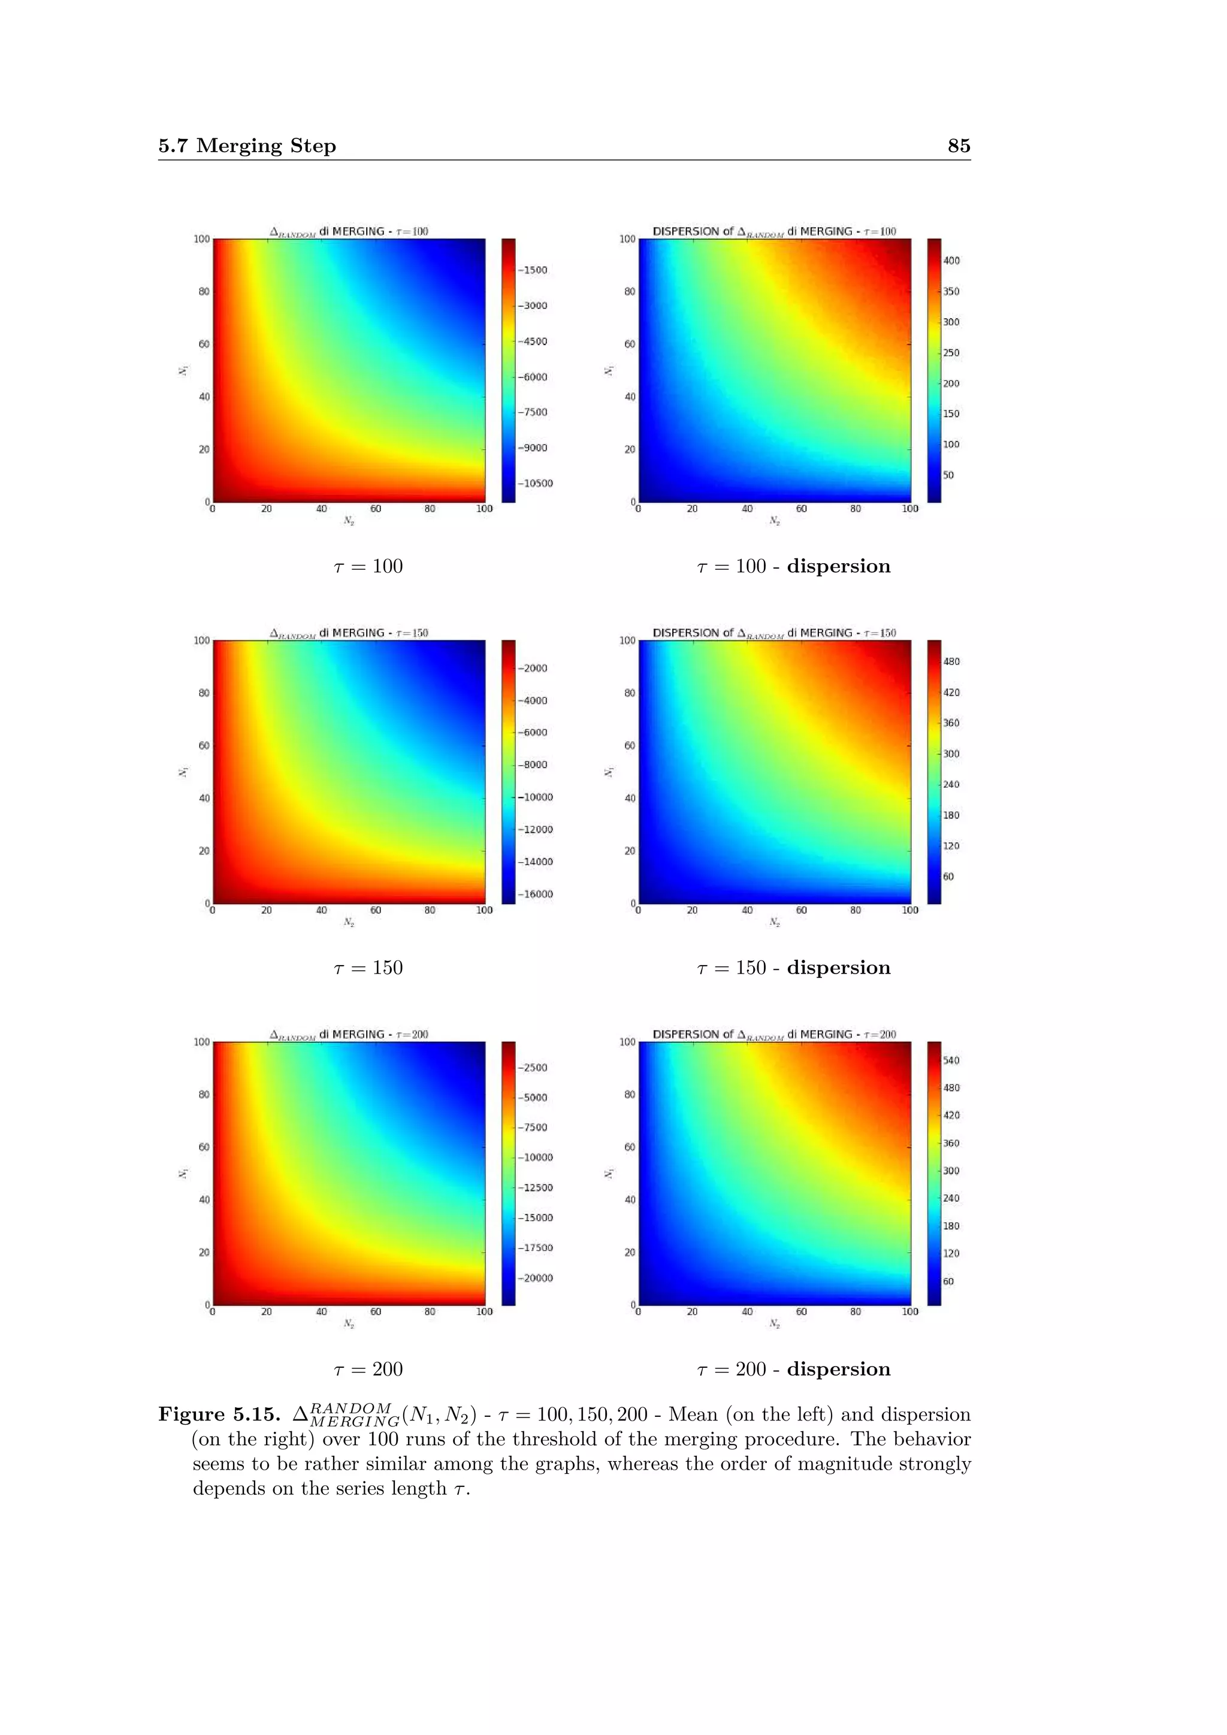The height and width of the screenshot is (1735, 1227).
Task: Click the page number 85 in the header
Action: (x=958, y=146)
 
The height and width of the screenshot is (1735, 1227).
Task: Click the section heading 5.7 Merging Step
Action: (x=247, y=146)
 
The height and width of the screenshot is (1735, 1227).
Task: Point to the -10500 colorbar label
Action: (x=536, y=483)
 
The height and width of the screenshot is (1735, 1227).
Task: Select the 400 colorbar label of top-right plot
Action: (x=951, y=261)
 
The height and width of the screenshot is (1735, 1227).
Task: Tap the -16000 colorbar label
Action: (x=536, y=894)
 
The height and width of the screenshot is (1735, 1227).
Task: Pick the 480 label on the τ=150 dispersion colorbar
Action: (x=951, y=662)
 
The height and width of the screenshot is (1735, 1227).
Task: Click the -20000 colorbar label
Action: (x=536, y=1278)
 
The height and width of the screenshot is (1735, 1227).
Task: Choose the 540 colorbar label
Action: (x=951, y=1060)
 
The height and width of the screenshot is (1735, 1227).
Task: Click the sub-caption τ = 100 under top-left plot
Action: (x=368, y=567)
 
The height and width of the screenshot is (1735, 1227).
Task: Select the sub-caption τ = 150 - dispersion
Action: (x=793, y=968)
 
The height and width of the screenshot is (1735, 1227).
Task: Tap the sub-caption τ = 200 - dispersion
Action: (x=793, y=1370)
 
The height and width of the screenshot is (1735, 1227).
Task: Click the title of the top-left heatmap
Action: (x=349, y=232)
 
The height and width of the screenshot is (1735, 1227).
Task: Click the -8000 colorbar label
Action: (x=533, y=764)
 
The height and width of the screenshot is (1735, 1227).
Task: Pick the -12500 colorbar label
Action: (x=536, y=1188)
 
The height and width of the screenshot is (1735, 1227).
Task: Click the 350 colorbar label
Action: (x=951, y=292)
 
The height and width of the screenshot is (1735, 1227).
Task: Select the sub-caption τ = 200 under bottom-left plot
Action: (x=368, y=1370)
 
